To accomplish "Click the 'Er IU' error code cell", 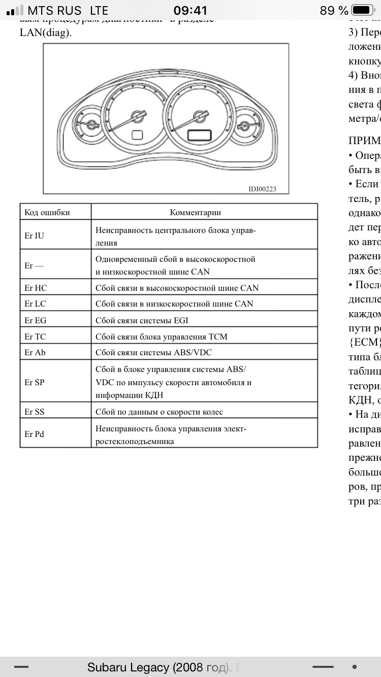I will coord(35,235).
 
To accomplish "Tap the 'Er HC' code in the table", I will coord(36,288).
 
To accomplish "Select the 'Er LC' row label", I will coord(36,303).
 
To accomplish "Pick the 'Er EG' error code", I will coord(36,320).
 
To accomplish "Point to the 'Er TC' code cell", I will coord(36,336).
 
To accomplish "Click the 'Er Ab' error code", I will coord(35,352).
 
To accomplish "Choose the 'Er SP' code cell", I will coord(35,382).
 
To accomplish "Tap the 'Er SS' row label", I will coord(35,412).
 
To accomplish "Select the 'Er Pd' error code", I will coord(35,434).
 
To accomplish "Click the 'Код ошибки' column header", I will coord(47,213).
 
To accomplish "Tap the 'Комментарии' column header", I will coord(195,213).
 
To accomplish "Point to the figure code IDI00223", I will coord(262,189).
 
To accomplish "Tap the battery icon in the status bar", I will coord(363,10).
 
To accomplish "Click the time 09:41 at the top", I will coord(190,10).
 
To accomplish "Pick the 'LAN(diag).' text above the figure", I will coord(46,32).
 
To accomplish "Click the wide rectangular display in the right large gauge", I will coord(199,135).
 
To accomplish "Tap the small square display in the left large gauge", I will coord(138,135).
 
